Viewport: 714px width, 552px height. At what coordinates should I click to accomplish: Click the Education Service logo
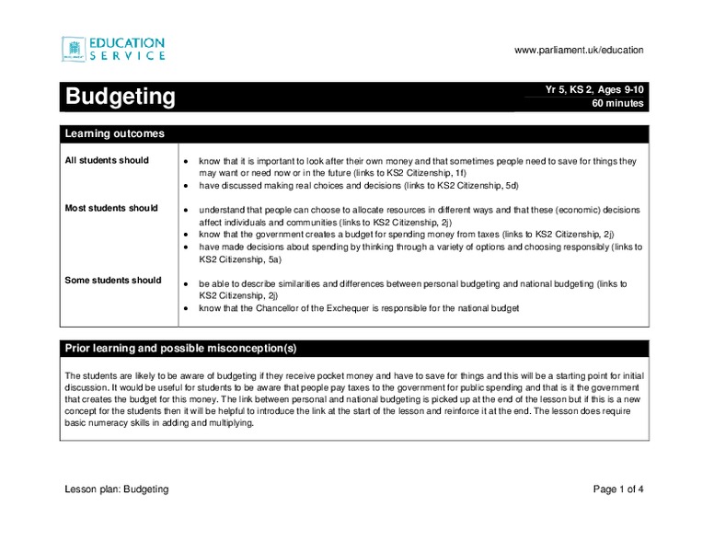pos(113,49)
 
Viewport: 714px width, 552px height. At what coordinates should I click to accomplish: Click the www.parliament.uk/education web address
pos(579,50)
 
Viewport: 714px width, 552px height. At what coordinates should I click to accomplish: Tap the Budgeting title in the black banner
pos(119,96)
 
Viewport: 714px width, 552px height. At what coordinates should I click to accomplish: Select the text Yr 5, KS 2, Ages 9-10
pos(595,89)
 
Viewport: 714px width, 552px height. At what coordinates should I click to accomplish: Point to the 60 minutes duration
pos(616,104)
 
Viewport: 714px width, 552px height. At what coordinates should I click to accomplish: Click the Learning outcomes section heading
pos(114,133)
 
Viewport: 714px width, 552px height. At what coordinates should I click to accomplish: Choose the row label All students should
pos(106,160)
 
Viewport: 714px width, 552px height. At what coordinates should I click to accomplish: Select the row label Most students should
pos(110,208)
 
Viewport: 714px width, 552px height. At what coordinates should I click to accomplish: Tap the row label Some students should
pos(112,280)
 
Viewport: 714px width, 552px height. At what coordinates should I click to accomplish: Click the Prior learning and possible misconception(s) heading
pos(179,348)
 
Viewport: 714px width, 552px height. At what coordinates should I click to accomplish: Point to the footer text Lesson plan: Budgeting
pos(116,489)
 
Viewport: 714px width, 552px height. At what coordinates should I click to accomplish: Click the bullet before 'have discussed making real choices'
pos(186,186)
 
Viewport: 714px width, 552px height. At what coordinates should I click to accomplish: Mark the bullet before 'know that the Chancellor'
pos(186,309)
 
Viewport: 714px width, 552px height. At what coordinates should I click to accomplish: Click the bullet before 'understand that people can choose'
pos(186,211)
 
